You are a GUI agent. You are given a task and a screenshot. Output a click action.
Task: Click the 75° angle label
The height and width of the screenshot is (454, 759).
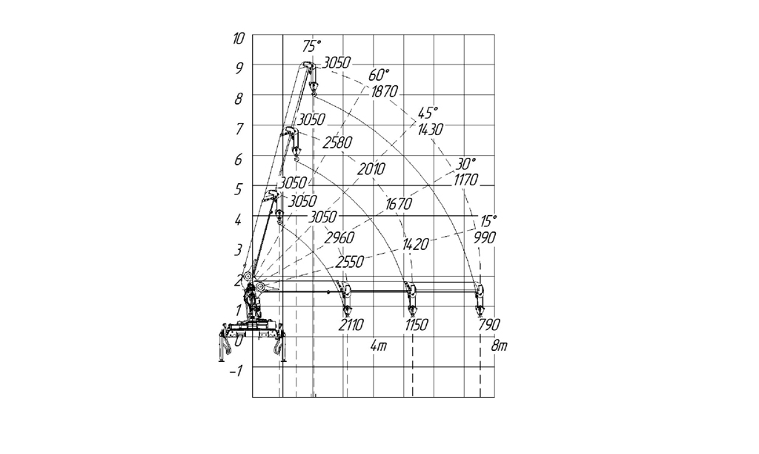[312, 47]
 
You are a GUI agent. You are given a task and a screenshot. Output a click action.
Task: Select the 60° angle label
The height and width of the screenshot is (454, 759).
[379, 75]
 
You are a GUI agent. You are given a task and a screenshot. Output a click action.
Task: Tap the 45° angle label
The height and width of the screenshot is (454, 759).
[428, 113]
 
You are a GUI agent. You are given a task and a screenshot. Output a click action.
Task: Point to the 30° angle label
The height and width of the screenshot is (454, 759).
[465, 164]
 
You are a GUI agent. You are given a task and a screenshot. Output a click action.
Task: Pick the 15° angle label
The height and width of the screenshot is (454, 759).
[488, 221]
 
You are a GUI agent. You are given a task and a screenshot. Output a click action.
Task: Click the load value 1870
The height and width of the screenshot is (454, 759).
[385, 91]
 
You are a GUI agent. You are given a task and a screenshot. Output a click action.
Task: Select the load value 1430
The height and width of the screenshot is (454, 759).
[430, 129]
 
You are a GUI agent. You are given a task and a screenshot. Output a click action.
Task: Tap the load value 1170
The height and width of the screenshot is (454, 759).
[465, 180]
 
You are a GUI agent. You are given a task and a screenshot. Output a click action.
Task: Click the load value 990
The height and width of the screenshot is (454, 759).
[485, 238]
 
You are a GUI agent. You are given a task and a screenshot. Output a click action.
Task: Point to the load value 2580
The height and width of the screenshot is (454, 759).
[338, 142]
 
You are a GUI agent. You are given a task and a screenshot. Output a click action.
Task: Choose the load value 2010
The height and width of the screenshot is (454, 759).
[371, 169]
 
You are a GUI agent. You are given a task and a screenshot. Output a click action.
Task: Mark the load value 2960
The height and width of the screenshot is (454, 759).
[339, 238]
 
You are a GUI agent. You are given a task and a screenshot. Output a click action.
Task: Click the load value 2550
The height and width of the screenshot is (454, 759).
[350, 262]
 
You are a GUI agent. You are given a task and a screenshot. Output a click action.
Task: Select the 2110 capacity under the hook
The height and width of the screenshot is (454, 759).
[351, 325]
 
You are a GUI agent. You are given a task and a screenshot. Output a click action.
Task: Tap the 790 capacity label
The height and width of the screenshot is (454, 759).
[489, 325]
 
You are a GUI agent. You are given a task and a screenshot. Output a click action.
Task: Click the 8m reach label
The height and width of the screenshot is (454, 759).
[499, 346]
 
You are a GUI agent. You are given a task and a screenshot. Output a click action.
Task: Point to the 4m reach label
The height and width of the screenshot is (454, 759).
[379, 346]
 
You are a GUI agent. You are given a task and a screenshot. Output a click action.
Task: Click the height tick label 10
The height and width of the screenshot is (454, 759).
[239, 39]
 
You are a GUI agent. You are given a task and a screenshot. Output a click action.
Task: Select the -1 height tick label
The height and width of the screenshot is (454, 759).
[236, 371]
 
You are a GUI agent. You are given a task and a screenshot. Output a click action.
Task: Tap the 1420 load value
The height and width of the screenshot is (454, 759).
[415, 244]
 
